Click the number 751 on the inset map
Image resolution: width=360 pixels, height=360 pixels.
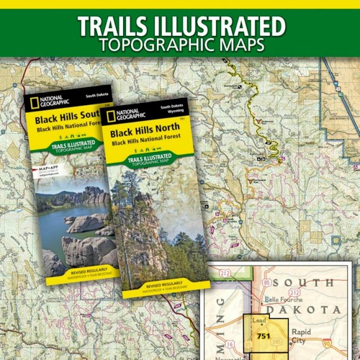coord(264,336)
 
